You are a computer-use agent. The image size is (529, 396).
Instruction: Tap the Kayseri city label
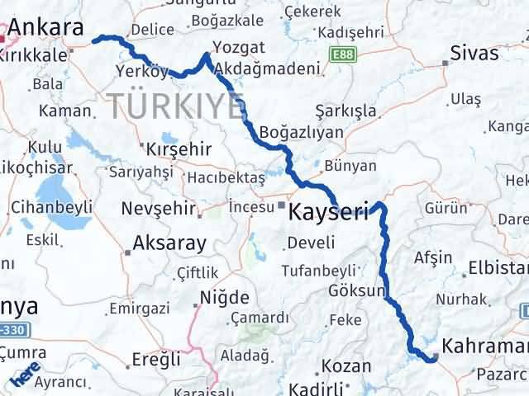point(327,212)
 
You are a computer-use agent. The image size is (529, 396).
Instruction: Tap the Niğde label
point(225,296)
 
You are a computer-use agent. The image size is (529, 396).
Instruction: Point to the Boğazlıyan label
point(296,132)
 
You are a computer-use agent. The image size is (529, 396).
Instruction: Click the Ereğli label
point(155,359)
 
